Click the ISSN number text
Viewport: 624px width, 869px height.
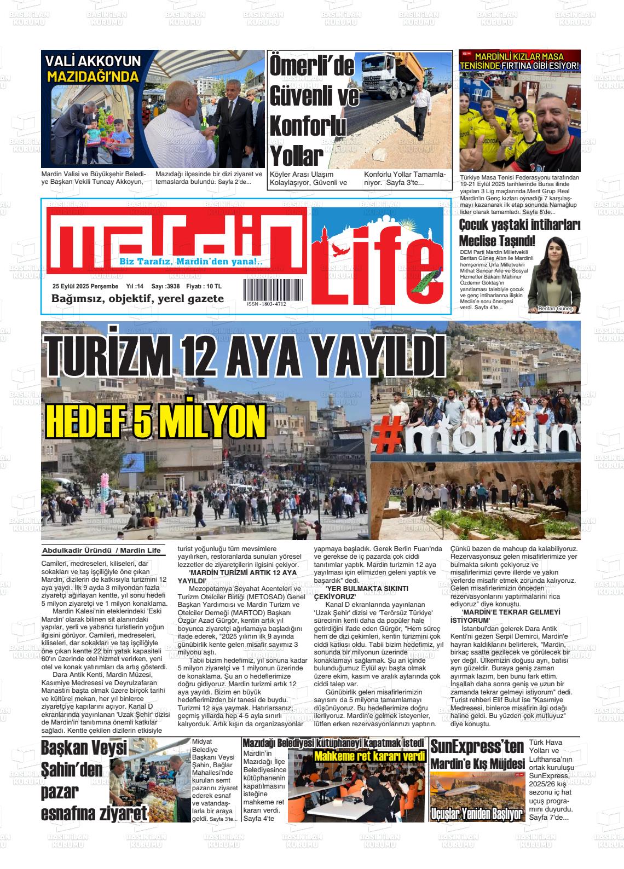266,304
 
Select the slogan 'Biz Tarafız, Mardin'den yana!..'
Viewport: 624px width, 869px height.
191,262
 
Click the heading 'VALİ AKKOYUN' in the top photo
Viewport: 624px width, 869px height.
93,61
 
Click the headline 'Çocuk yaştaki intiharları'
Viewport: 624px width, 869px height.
519,225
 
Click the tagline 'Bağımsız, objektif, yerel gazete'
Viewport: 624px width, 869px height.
137,299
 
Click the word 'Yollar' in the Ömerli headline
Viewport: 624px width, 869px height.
294,157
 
